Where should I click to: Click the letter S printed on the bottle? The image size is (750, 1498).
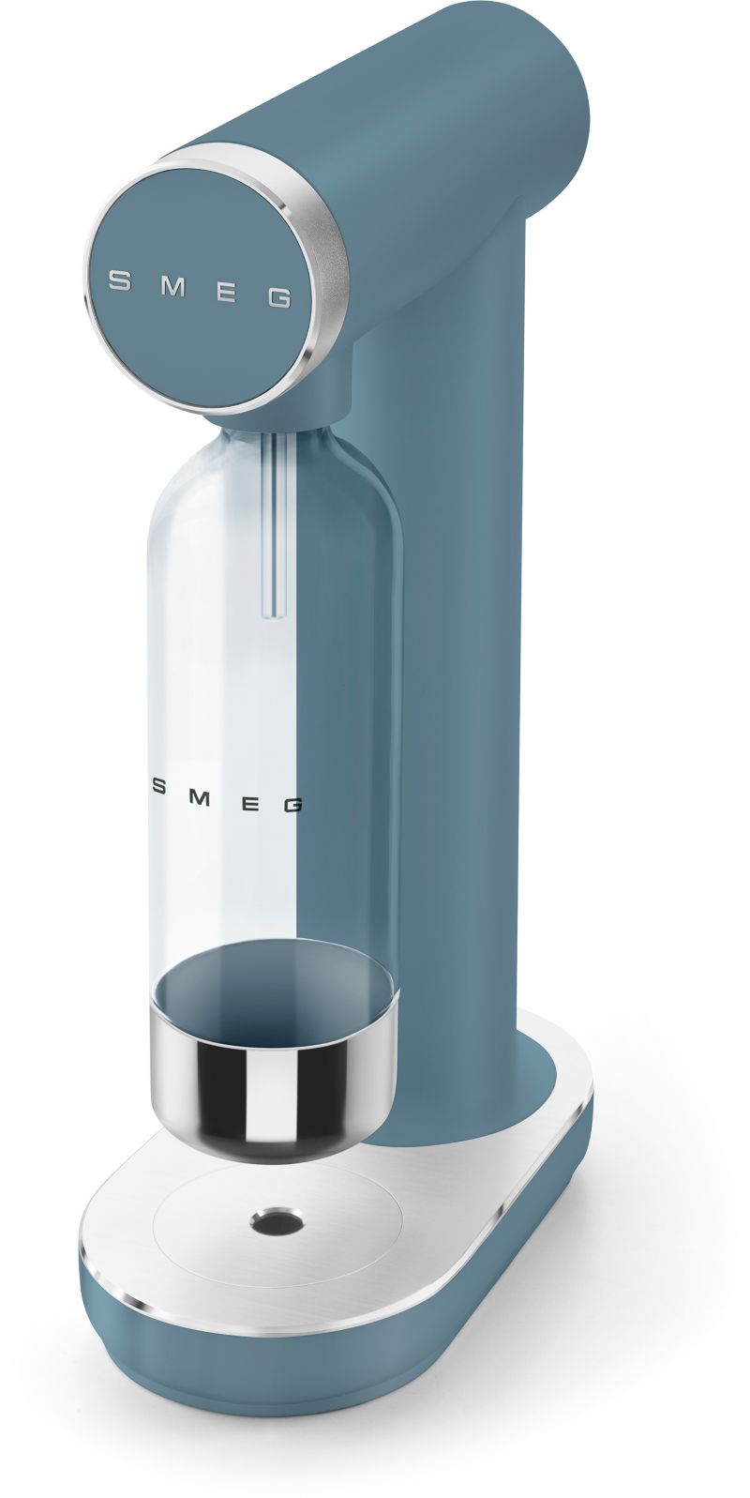[x=159, y=787]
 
